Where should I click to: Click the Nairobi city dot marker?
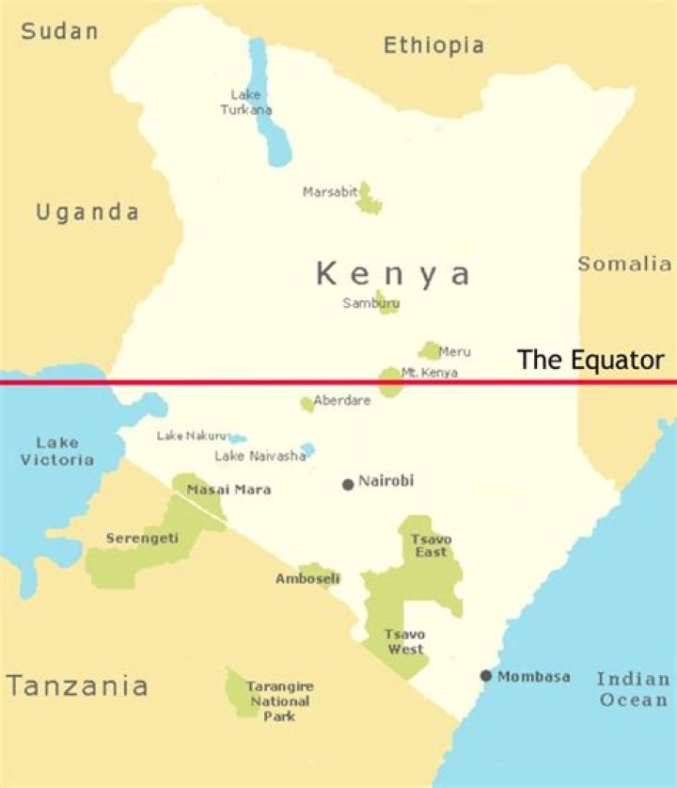348,484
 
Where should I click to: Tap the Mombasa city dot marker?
486,676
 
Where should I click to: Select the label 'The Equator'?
591,360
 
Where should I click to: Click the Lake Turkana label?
246,102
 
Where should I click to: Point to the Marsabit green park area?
369,199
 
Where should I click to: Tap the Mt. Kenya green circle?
390,381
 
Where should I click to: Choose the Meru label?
455,352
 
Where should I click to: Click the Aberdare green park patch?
307,404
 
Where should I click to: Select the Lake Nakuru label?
192,436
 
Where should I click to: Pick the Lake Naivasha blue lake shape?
307,450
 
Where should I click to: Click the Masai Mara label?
228,490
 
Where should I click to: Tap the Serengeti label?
142,539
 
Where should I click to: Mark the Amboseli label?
307,579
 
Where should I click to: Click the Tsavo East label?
431,545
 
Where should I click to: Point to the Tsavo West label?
404,642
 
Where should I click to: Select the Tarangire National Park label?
278,701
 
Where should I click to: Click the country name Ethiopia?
433,44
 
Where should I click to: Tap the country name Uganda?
87,212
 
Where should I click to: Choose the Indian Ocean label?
633,689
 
